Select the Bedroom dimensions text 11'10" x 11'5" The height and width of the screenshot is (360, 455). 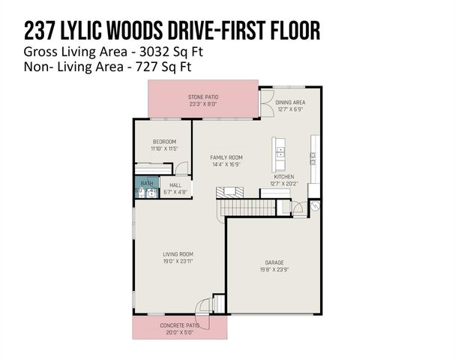164,148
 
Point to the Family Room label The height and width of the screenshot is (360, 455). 226,157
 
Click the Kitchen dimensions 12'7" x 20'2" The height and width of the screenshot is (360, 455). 284,183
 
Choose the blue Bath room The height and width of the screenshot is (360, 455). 145,184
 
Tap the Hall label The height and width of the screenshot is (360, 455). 175,184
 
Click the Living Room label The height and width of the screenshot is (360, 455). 178,255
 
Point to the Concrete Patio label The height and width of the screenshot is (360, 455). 180,325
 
